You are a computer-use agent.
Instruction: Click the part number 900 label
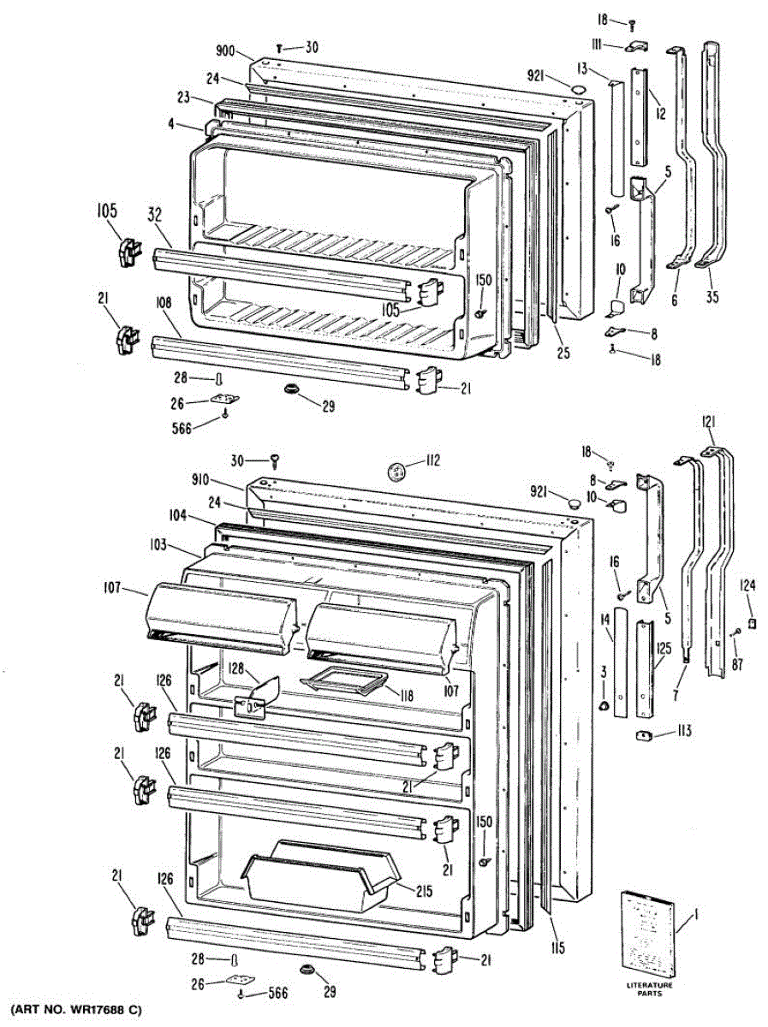pos(225,51)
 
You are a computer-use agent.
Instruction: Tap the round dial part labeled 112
pos(396,469)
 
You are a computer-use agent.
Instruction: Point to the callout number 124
pos(748,585)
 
